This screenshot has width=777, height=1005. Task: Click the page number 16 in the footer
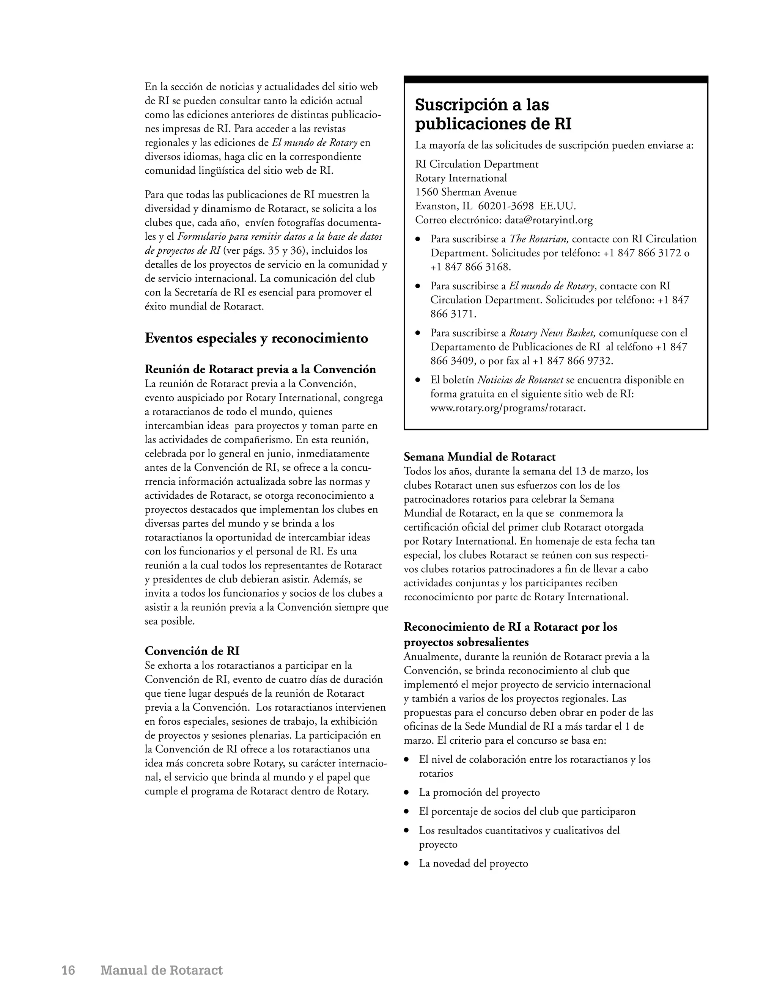[x=68, y=970]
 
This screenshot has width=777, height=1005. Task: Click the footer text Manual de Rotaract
[x=162, y=970]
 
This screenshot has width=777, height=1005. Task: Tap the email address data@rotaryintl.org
[x=548, y=220]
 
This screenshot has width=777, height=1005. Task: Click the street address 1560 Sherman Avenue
[x=466, y=192]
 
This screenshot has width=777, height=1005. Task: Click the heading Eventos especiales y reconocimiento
[x=256, y=338]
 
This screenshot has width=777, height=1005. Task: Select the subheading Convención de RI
[x=192, y=651]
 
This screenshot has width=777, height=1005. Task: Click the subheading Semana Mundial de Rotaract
[x=480, y=457]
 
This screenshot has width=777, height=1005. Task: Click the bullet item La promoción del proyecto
[x=479, y=792]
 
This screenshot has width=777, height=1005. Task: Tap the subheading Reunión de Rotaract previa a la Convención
[x=261, y=369]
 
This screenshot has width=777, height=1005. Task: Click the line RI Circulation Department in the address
[x=477, y=164]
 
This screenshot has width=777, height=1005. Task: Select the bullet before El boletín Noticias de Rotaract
[x=418, y=380]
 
